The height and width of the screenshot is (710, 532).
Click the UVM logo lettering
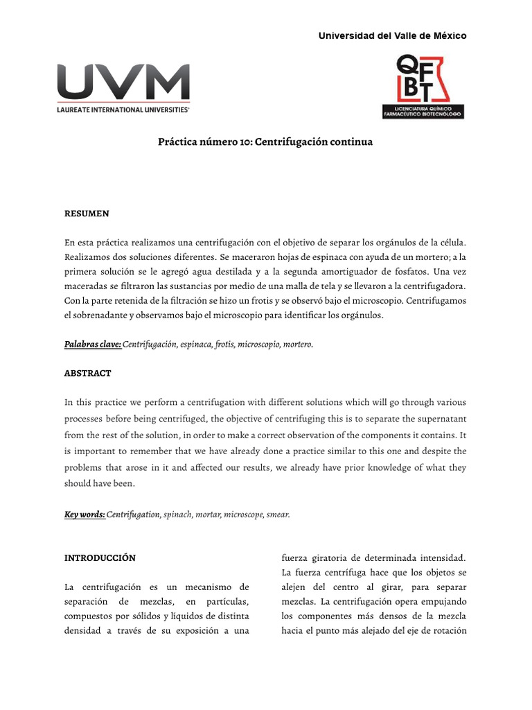123,83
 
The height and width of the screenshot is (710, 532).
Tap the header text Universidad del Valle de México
392,35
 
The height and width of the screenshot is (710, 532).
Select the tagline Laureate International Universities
123,110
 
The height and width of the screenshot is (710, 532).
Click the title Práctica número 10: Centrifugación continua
265,142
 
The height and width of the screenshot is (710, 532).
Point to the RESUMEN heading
87,214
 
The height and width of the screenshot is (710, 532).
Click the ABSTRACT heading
88,373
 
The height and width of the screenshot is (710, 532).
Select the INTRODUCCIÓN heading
100,557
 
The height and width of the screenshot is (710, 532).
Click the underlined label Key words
85,514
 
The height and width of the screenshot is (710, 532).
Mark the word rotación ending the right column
448,631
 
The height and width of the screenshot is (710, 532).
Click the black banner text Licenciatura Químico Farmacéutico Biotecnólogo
423,112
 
